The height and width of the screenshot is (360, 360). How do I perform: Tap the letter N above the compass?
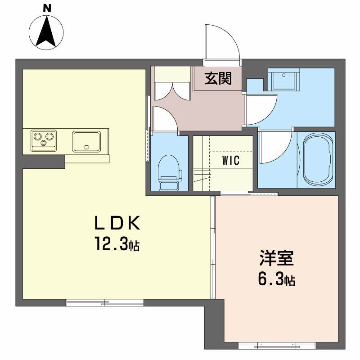pyautogui.click(x=47, y=8)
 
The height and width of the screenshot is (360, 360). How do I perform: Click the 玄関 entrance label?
pyautogui.click(x=218, y=79)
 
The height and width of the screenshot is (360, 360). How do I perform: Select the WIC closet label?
pyautogui.click(x=230, y=161)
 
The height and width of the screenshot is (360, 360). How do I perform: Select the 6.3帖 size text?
pyautogui.click(x=276, y=280)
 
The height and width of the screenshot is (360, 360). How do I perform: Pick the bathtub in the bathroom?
pyautogui.click(x=319, y=159)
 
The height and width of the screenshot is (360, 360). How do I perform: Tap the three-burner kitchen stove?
pyautogui.click(x=44, y=139)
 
